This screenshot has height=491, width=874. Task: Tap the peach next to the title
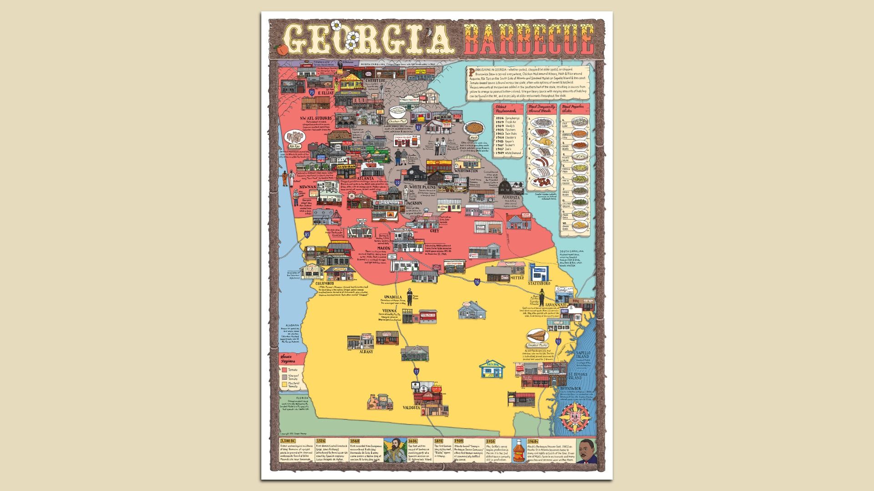pyautogui.click(x=280, y=48)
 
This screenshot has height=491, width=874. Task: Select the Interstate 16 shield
pyautogui.click(x=477, y=282)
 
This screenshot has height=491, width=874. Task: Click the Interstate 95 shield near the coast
pyautogui.click(x=559, y=341)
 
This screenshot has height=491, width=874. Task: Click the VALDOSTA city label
pyautogui.click(x=411, y=408)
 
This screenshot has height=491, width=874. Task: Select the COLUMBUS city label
pyautogui.click(x=325, y=283)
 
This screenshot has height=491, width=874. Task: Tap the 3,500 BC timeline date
pyautogui.click(x=288, y=441)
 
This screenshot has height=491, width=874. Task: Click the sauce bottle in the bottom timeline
pyautogui.click(x=518, y=451)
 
